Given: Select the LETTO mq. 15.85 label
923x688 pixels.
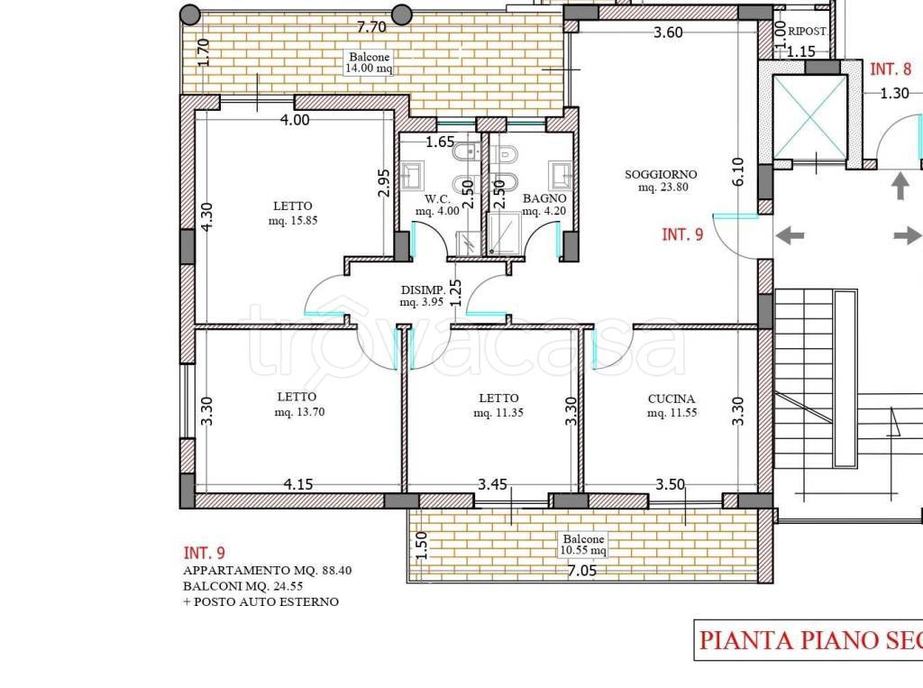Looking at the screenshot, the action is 293,213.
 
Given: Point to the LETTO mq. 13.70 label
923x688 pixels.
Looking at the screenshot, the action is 297,403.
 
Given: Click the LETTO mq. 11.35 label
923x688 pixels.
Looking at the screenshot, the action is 498,405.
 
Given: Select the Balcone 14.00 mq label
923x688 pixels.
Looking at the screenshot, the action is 369,62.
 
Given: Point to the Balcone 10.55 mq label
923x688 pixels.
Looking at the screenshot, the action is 583,545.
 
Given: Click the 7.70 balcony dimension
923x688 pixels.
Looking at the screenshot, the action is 371,26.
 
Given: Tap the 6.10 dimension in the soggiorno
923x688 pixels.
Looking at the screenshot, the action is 738,171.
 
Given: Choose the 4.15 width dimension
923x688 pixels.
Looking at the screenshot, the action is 298,484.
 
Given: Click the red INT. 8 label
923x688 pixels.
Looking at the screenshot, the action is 891,69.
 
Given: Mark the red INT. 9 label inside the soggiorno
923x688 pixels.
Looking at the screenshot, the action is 682,234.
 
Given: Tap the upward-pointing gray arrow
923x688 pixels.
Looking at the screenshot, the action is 900,186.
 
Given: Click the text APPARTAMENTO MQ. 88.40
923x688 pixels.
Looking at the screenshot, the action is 267,570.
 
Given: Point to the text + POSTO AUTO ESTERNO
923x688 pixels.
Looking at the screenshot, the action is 260,601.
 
